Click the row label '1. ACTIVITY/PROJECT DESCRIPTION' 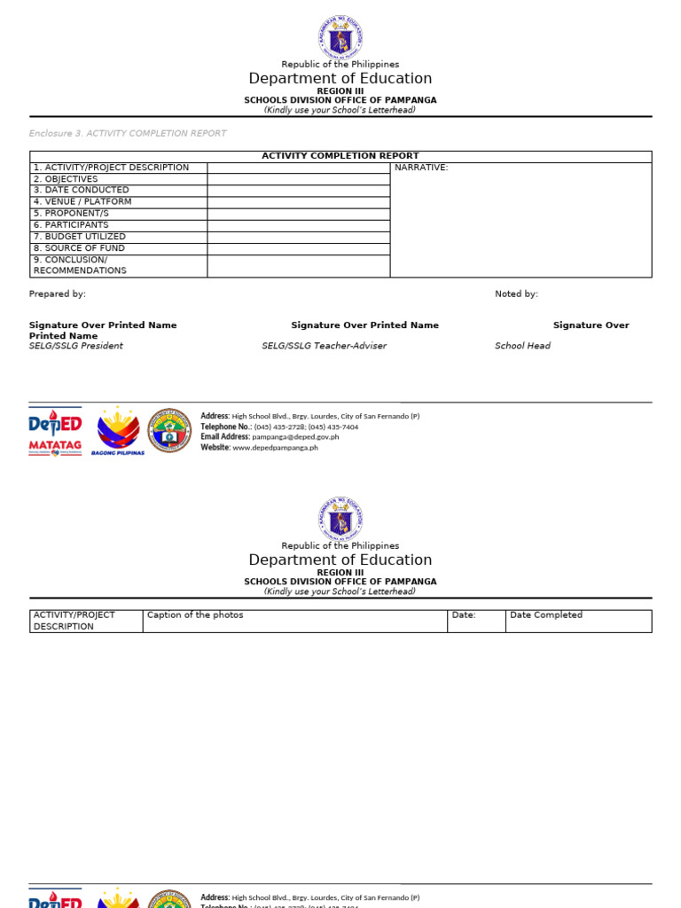point(111,168)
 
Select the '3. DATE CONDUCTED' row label point(81,190)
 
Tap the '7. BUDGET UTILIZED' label point(79,237)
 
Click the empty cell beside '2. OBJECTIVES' point(298,179)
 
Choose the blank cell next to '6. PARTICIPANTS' point(298,225)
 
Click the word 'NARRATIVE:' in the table point(421,168)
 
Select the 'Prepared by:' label point(58,294)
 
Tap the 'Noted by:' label point(516,294)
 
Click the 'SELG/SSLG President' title point(76,346)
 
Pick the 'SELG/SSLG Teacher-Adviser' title point(324,346)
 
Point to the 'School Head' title point(522,346)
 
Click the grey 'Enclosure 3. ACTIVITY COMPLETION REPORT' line point(128,133)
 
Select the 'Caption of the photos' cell point(195,615)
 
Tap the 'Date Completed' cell point(546,615)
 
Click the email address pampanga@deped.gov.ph point(295,437)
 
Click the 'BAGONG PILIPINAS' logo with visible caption point(118,431)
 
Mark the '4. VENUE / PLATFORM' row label point(82,201)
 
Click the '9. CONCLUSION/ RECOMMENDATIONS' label point(80,265)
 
